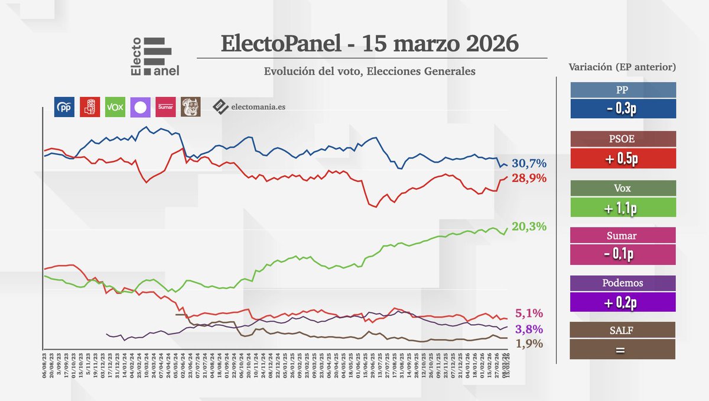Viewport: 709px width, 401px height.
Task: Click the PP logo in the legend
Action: (64, 107)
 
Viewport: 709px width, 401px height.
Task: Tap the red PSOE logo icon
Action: (90, 107)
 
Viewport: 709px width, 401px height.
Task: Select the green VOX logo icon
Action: (115, 107)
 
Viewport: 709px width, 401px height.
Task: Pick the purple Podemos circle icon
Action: (141, 107)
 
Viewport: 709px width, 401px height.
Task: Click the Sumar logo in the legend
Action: (165, 107)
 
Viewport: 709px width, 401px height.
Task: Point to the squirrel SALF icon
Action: (191, 107)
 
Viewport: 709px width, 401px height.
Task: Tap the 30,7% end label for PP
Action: (529, 163)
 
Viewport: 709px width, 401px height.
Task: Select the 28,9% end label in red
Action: (529, 178)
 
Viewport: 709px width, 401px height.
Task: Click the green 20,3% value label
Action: (529, 227)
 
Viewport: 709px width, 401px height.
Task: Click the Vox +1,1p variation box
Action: (623, 208)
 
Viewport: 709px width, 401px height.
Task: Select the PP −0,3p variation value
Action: (623, 109)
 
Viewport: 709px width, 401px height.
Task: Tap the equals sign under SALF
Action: (623, 349)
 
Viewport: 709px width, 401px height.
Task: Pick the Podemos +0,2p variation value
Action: (623, 303)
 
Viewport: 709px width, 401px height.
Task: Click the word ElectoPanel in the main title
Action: (281, 43)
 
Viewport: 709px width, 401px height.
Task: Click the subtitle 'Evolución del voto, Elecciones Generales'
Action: (370, 71)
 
